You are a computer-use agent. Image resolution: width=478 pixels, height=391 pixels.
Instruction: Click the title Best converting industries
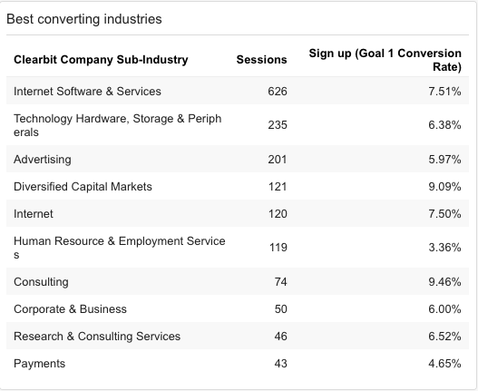click(84, 19)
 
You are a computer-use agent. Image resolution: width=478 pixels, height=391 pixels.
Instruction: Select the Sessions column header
click(261, 60)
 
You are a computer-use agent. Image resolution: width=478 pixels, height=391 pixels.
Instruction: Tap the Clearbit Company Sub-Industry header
click(101, 60)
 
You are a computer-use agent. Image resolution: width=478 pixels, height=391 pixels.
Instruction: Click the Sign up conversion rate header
click(385, 60)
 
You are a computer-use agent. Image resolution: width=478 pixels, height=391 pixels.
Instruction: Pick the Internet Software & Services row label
click(87, 92)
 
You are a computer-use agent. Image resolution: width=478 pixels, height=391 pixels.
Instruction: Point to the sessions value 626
click(278, 92)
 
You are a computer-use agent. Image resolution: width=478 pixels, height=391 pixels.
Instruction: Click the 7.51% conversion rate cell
click(444, 92)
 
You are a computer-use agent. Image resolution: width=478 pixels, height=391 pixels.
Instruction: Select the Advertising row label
click(43, 160)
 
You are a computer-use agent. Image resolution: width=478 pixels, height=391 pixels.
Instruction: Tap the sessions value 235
click(278, 125)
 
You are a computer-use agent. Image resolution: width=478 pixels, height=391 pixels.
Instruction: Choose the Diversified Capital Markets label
click(83, 187)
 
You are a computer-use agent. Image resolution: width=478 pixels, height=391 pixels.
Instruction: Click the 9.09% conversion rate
click(444, 187)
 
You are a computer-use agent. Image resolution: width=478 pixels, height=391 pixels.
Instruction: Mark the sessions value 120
click(278, 214)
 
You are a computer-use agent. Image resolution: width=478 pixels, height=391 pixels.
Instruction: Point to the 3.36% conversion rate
click(444, 248)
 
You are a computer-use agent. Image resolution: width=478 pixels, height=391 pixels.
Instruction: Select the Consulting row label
click(41, 282)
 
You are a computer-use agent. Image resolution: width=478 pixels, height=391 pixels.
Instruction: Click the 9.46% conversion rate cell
click(444, 282)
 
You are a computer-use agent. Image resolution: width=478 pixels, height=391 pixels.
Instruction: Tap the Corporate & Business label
click(70, 309)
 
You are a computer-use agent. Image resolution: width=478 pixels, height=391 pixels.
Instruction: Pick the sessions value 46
click(281, 337)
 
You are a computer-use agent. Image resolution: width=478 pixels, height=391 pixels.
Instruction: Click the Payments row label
click(39, 364)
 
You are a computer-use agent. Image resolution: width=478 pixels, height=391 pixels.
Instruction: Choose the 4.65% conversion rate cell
click(444, 364)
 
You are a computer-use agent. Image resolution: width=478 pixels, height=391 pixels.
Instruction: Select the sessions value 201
click(278, 160)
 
